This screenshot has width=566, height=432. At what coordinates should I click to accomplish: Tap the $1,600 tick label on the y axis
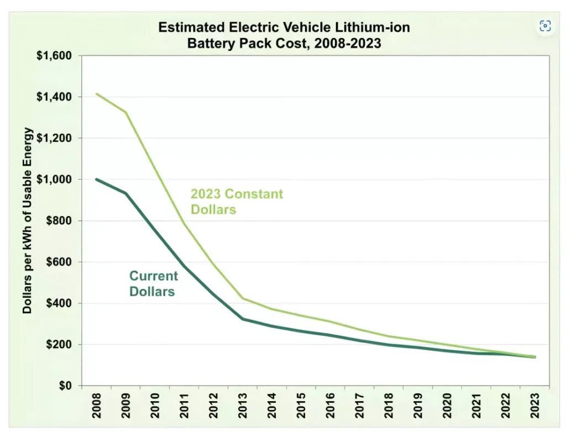(x=54, y=56)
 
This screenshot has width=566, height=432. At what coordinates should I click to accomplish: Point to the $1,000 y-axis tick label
(x=54, y=180)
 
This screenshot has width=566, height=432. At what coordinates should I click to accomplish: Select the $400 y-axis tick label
(x=59, y=303)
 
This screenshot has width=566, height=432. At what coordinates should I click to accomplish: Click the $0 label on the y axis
(x=65, y=386)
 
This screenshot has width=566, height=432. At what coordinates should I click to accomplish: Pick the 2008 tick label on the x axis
(x=96, y=405)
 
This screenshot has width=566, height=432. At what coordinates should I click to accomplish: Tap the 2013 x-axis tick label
(x=243, y=405)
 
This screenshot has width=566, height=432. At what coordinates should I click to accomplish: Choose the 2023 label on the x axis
(x=534, y=405)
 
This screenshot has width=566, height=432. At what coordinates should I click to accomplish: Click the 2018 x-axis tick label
(x=389, y=405)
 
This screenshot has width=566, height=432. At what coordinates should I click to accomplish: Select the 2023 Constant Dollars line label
(x=237, y=202)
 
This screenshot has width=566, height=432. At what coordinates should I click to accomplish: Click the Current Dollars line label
(x=154, y=283)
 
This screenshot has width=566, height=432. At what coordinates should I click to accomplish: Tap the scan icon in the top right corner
(x=545, y=26)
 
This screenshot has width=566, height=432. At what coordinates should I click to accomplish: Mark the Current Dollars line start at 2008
(x=96, y=180)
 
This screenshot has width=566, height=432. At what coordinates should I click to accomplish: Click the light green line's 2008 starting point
(x=96, y=94)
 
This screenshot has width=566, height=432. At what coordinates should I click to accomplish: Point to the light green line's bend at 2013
(x=243, y=298)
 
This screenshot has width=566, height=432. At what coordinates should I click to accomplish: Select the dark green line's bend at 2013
(x=243, y=319)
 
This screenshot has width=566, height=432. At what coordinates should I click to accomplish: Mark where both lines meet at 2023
(x=534, y=357)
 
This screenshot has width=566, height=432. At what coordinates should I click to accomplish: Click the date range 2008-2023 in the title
(x=348, y=43)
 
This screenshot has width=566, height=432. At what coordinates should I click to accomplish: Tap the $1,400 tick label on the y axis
(x=54, y=97)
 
